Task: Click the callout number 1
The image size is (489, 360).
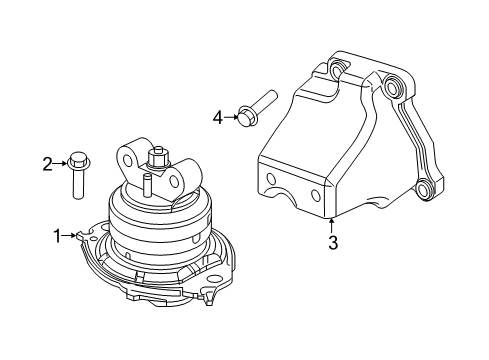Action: tap(57, 236)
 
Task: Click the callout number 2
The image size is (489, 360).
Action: tap(46, 163)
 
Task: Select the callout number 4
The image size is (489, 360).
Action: tap(217, 116)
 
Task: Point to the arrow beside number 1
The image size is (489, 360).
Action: tap(71, 236)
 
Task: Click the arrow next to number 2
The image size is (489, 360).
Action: tap(60, 162)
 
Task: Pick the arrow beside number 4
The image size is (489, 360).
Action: tap(230, 116)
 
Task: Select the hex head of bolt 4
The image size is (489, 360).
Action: tap(245, 116)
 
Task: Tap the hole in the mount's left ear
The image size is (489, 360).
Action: tap(126, 158)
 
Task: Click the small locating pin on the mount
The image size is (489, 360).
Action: tap(146, 183)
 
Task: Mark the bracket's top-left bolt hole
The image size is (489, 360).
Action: tap(334, 69)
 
